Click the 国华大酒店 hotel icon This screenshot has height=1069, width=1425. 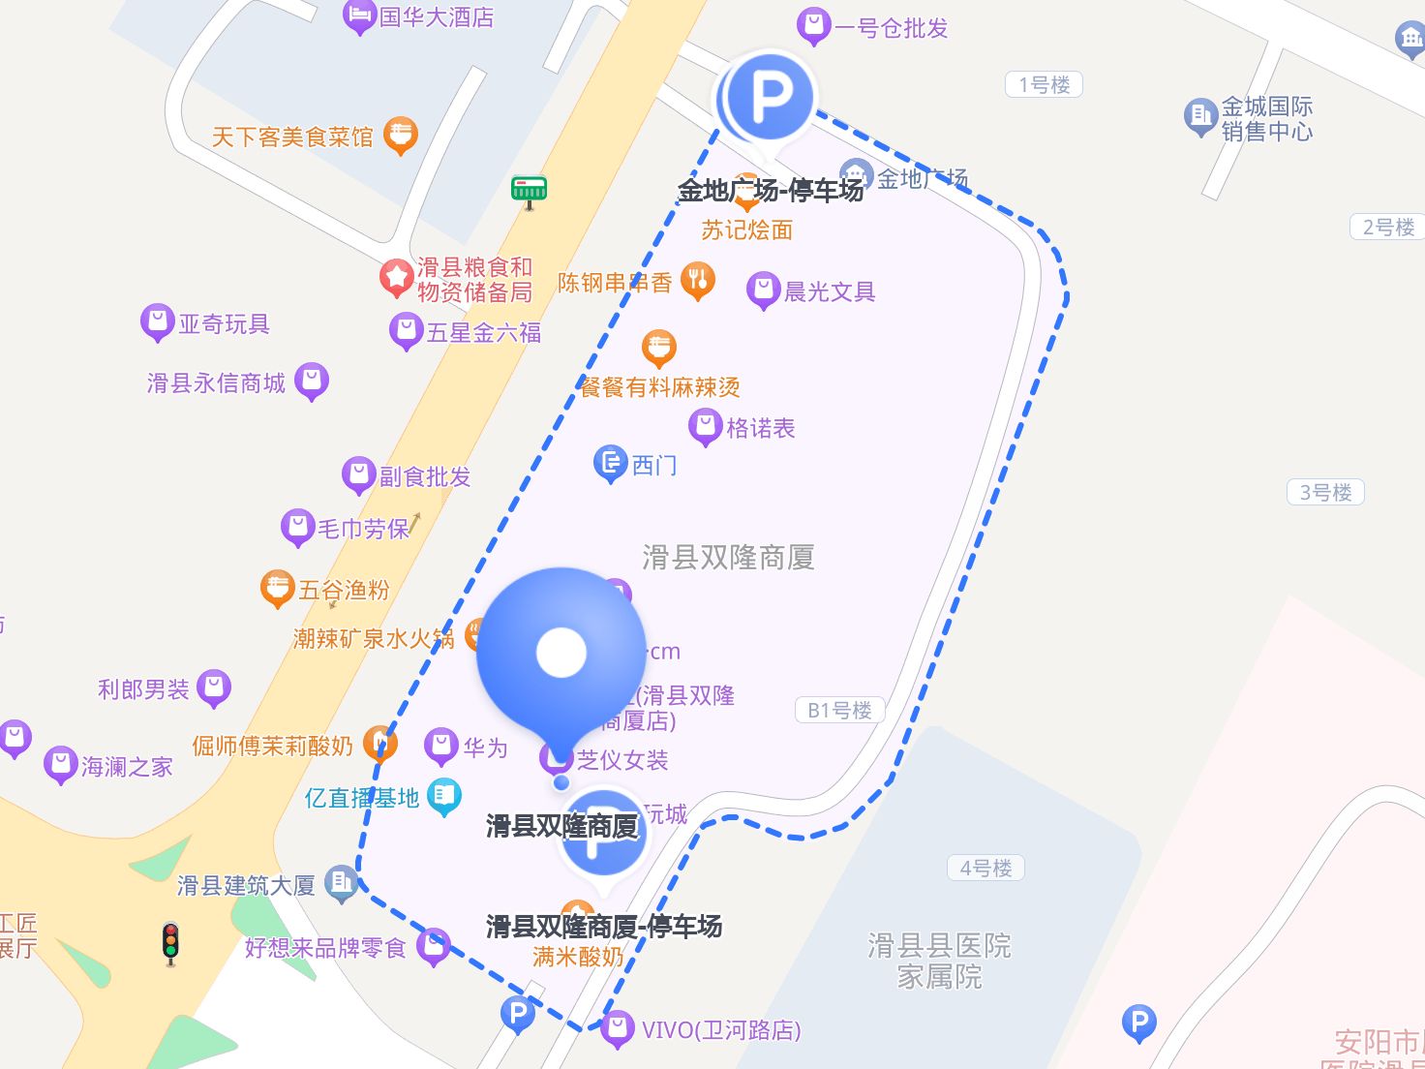(x=359, y=16)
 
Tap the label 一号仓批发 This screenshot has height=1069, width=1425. (x=891, y=28)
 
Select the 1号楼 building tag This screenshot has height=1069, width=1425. (x=1044, y=85)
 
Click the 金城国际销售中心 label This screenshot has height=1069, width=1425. (x=1266, y=118)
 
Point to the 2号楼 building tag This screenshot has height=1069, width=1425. (x=1388, y=228)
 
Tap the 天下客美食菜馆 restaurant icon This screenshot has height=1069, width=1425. (x=401, y=135)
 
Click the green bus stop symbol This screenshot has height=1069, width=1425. (x=529, y=190)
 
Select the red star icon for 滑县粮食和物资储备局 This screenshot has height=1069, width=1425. (x=396, y=277)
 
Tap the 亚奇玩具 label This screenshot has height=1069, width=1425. (x=224, y=323)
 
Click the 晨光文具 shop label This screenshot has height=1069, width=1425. (x=830, y=291)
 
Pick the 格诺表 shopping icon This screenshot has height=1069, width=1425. (x=705, y=426)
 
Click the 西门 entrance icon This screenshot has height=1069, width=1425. (x=610, y=464)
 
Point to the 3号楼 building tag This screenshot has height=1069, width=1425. (x=1325, y=492)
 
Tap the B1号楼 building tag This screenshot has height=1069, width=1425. (x=839, y=710)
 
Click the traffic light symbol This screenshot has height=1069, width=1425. (x=171, y=942)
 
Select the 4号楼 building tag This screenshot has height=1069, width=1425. (x=985, y=868)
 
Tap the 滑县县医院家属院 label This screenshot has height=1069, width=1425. (x=939, y=961)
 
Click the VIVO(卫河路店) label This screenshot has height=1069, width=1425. (x=721, y=1029)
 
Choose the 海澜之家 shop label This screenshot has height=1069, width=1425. (x=127, y=767)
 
